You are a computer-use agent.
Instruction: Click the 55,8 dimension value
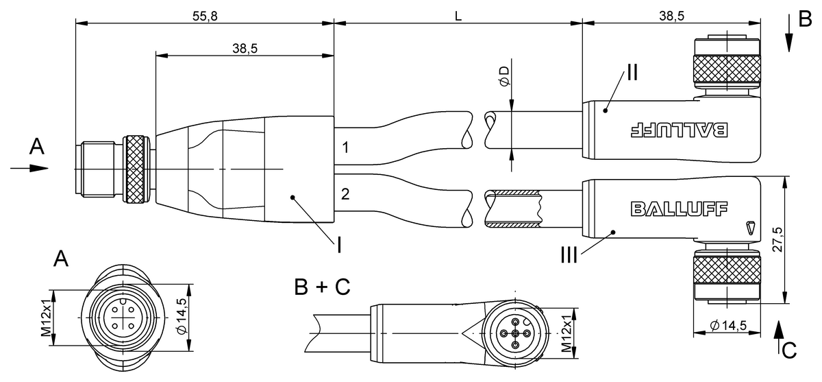click(203, 14)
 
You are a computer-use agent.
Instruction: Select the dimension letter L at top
click(458, 14)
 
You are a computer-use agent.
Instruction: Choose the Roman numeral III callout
click(568, 256)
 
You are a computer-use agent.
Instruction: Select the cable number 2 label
click(346, 194)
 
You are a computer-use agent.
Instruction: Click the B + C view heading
click(322, 286)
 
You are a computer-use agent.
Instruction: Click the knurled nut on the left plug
click(134, 170)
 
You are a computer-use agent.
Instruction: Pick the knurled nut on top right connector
click(727, 71)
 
